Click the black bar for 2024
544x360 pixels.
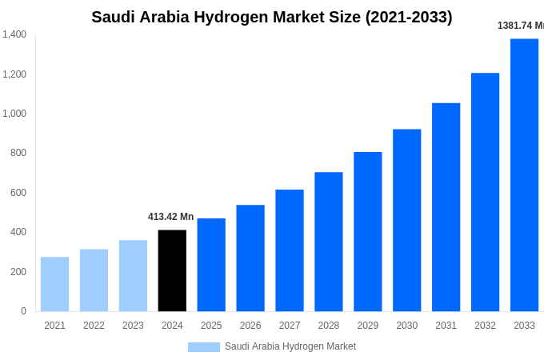[172, 270]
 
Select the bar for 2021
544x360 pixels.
[54, 284]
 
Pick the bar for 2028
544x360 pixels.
[328, 242]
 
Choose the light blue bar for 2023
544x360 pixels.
[133, 275]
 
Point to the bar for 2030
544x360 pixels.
[406, 220]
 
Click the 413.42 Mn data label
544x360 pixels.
[170, 217]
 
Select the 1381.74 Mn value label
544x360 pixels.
[521, 26]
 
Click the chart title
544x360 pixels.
[272, 17]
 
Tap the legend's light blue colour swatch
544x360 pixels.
[203, 347]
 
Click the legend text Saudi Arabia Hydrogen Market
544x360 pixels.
[290, 346]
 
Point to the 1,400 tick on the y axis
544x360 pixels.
[14, 34]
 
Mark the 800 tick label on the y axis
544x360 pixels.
[18, 153]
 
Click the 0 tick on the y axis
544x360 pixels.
[23, 311]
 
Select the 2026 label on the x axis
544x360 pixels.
[250, 326]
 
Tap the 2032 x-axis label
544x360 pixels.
[485, 326]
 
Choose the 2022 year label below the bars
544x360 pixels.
[94, 326]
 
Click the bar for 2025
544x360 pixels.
[211, 265]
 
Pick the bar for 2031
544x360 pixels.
[446, 207]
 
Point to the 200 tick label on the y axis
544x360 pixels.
[18, 272]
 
